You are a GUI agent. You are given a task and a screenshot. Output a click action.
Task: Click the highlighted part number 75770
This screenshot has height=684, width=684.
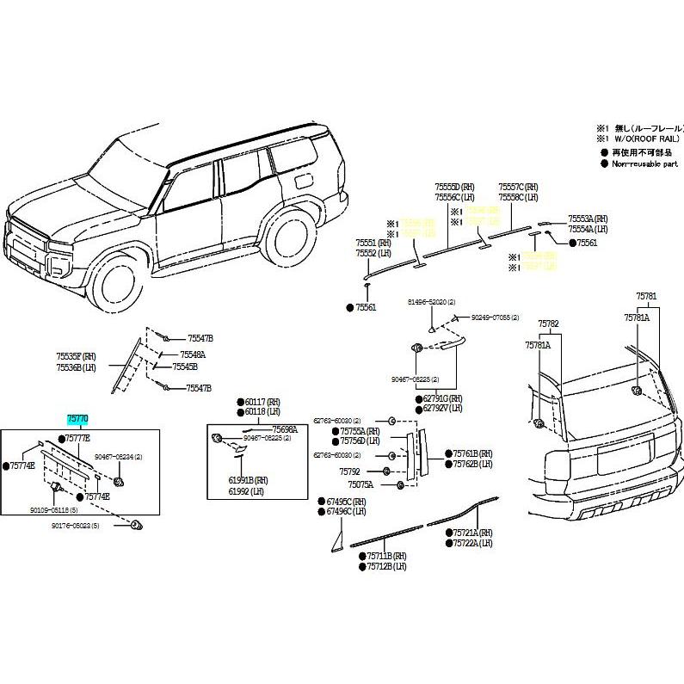click(78, 419)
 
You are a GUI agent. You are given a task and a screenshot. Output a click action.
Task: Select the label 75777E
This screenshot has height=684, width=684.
click(76, 439)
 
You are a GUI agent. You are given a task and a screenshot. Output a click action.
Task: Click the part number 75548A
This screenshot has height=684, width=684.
click(192, 354)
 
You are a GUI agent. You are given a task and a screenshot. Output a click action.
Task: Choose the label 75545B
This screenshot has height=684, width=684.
click(184, 366)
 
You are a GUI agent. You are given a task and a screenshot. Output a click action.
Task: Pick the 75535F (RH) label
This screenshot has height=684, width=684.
click(75, 355)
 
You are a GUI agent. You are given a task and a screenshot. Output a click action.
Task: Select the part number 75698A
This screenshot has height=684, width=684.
click(285, 428)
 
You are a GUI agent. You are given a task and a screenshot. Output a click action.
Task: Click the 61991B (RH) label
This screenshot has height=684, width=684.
click(248, 480)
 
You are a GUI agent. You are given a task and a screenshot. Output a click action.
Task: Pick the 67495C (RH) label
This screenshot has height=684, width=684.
click(346, 501)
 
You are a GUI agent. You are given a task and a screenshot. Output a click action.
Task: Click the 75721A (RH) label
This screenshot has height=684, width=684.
click(473, 533)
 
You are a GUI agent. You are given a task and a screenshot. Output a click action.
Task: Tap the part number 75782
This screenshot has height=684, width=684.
click(548, 324)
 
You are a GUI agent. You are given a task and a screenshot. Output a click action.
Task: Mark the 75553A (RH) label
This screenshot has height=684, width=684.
click(588, 219)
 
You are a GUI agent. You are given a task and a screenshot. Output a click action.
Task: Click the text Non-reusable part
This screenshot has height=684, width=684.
click(645, 163)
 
